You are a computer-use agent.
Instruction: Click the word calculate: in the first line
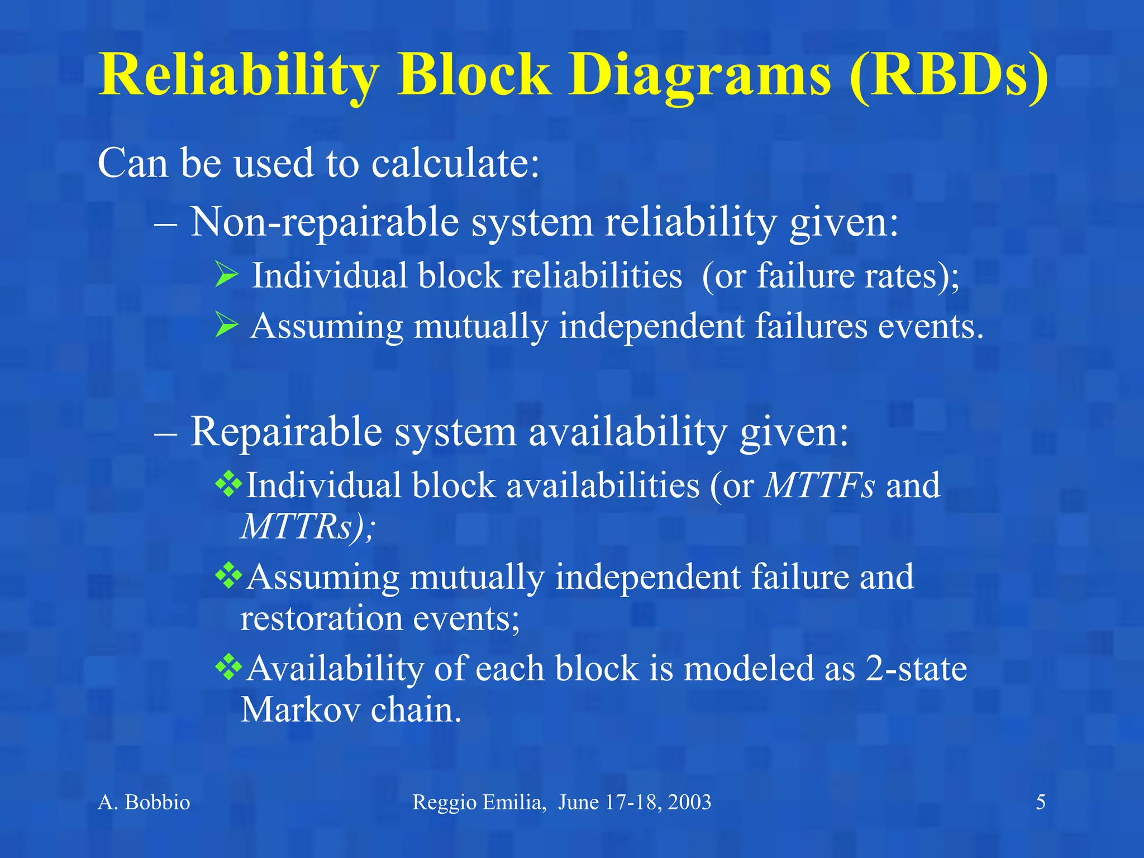455,163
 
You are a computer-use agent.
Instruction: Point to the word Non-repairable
324,222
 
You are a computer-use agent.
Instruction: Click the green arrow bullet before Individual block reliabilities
227,275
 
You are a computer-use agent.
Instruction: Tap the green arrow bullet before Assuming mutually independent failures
227,325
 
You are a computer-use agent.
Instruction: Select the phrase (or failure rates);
830,275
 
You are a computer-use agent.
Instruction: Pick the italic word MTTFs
819,485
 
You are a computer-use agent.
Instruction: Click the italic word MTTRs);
307,526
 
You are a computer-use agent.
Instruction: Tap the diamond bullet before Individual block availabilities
228,484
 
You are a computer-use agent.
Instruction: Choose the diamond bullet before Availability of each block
228,667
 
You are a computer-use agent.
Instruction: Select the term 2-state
916,668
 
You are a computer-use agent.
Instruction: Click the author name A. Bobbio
144,802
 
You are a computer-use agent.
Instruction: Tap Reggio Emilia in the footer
478,802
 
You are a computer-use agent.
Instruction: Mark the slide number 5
1041,802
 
